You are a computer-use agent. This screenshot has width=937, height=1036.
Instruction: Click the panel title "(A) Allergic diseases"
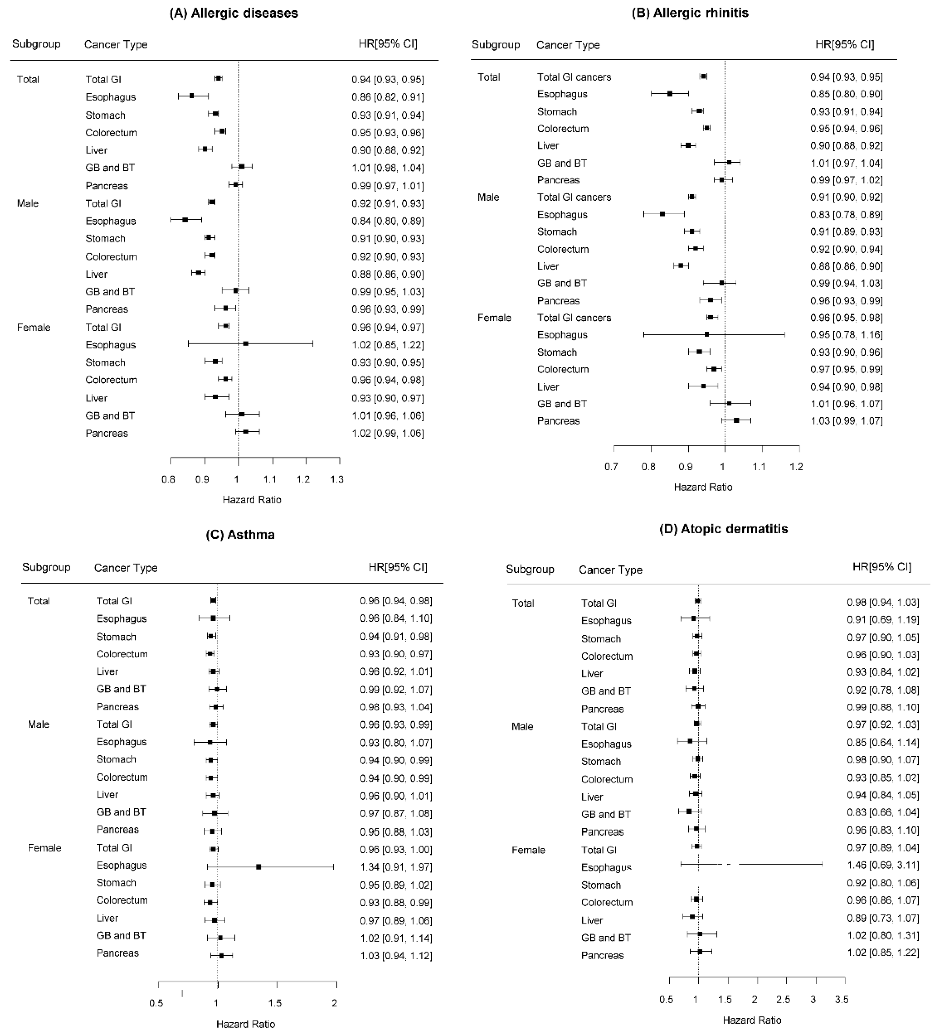click(x=234, y=13)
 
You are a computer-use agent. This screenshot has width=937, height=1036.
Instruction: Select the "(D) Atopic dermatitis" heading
click(x=723, y=529)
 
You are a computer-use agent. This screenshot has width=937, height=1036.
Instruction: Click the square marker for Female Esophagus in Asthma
click(x=258, y=867)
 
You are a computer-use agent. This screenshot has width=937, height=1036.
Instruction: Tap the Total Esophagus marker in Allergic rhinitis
click(x=670, y=94)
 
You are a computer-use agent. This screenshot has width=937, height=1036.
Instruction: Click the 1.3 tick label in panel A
click(x=337, y=479)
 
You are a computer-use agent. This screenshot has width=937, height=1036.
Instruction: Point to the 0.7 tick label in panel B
click(x=611, y=467)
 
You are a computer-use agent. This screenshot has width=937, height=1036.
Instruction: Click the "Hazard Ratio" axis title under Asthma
click(x=245, y=1024)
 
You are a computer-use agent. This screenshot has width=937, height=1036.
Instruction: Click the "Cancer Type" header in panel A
click(x=116, y=45)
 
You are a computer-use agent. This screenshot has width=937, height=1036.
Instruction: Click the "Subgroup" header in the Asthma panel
click(x=46, y=567)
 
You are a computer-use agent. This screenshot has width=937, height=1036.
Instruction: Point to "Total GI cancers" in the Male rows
click(x=574, y=197)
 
